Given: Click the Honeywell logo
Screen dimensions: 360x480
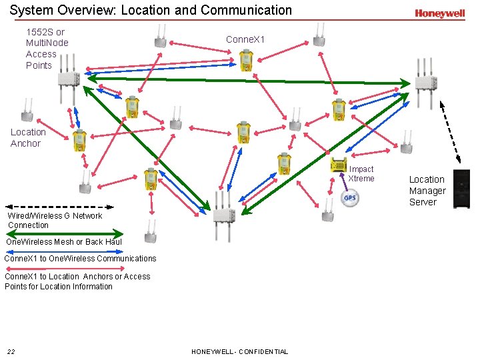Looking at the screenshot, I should pos(439,13).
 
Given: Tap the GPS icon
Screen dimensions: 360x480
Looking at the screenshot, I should pos(350,197).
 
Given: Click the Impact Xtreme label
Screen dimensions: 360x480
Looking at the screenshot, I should pos(361,174).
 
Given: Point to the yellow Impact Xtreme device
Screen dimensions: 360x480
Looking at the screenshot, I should pos(339,164).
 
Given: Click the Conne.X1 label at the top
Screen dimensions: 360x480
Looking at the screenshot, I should pos(245,39).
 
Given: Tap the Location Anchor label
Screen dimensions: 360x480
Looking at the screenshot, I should pos(28,137).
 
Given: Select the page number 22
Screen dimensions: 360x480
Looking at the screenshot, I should pos(11,351).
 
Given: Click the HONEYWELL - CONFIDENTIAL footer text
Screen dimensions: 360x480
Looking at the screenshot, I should pos(239,351).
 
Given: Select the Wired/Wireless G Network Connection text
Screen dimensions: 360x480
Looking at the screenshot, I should pos(55,220).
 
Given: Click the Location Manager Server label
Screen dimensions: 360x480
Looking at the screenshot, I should pos(427,191).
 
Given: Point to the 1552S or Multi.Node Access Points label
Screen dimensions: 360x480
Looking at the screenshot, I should pos(47,49).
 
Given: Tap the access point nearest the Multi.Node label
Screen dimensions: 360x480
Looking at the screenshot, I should pos(69,78).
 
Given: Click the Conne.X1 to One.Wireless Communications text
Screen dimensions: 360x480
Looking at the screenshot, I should pos(80,259).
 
